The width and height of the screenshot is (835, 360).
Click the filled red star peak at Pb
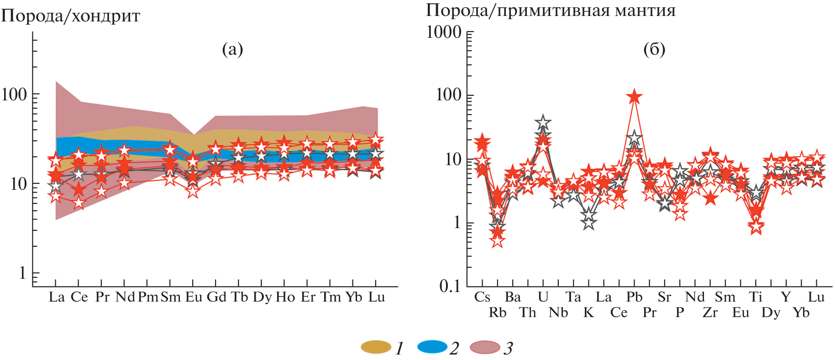tap(634, 97)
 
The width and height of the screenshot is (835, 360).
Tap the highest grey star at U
tap(543, 122)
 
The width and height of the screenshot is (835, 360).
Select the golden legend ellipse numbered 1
tap(376, 347)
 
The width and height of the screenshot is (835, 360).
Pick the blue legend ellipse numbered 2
tap(432, 347)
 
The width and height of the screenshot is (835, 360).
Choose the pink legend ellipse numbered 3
tap(485, 347)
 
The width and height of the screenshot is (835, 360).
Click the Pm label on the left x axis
tap(148, 297)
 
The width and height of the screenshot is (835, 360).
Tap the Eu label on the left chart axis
tap(194, 297)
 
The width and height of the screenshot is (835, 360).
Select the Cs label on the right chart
tap(482, 297)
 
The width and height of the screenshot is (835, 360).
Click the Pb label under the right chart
tap(634, 297)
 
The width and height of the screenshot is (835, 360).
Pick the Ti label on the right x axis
tap(756, 297)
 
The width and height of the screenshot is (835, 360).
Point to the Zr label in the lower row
tap(710, 313)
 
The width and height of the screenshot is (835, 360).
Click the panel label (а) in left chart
tap(232, 49)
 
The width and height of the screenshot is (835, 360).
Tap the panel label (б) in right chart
tap(654, 49)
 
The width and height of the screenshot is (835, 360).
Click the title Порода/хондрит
tap(70, 16)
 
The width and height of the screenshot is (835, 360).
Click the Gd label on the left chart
tap(216, 297)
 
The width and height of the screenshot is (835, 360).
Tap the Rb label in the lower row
tap(498, 313)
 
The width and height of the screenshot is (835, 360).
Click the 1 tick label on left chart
tap(22, 273)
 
